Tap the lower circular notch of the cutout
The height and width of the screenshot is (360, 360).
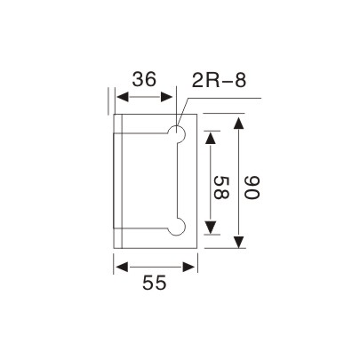tap(179, 228)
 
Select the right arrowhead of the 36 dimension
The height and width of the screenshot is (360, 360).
tap(172, 100)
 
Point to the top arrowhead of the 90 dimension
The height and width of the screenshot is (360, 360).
tap(238, 120)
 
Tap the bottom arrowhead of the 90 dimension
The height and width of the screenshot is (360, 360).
tap(238, 245)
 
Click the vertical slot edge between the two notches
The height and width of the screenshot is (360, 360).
tap(172, 182)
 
